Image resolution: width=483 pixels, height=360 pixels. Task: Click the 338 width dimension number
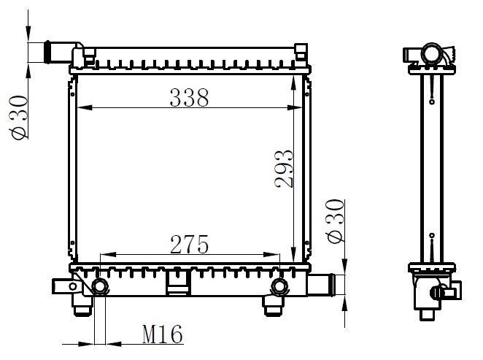pos(189,98)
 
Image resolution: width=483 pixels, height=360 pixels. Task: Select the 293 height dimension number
pos(284,169)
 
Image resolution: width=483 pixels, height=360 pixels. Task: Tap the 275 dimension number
pos(190,245)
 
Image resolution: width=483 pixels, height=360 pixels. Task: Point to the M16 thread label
pos(162,334)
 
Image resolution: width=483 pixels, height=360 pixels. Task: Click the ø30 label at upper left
pos(18,117)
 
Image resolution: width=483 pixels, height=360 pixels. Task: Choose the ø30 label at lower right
pos(335,221)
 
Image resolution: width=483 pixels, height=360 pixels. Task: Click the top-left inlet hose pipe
pos(61,53)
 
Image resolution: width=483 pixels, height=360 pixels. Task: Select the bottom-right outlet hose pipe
pos(321,285)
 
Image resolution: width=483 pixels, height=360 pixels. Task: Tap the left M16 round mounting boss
pos(99,287)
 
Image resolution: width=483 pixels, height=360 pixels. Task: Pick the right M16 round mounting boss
pos(279,287)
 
